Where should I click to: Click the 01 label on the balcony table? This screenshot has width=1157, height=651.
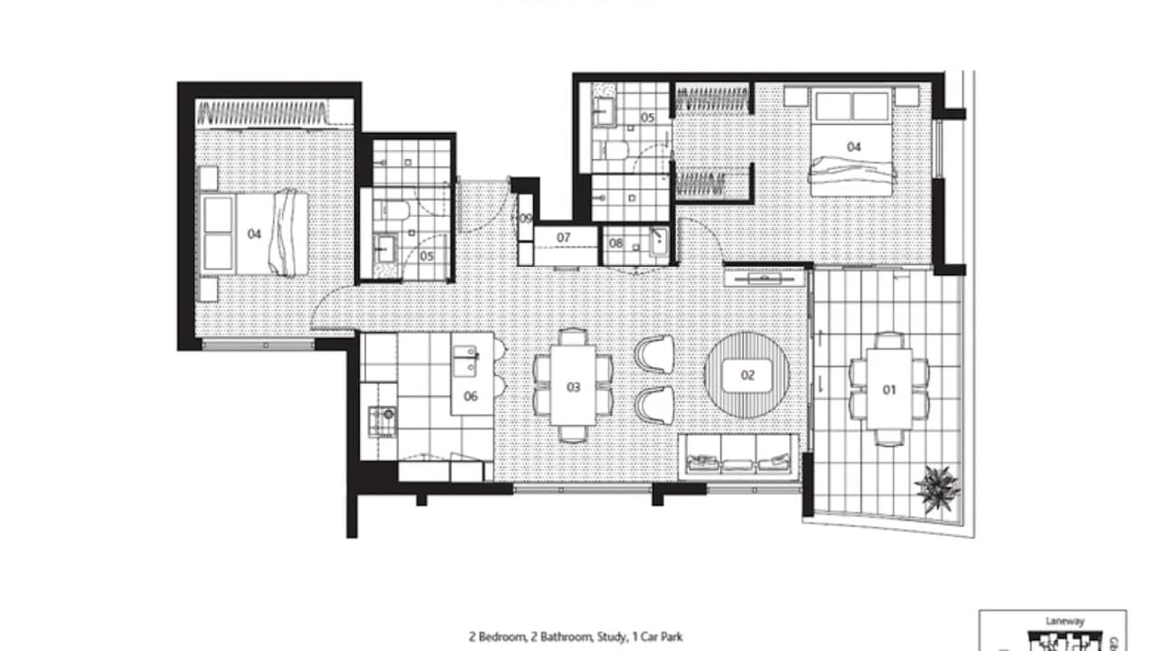[x=889, y=390]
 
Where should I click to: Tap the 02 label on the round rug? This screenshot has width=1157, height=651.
[x=748, y=374]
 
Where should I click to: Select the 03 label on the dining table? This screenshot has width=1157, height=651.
[x=573, y=387]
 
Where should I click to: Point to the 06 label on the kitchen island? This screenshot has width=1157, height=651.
[x=470, y=395]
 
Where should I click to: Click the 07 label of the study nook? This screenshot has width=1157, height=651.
[x=564, y=238]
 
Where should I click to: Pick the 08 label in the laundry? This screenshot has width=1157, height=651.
[x=616, y=243]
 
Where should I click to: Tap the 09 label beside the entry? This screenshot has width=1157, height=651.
[x=525, y=219]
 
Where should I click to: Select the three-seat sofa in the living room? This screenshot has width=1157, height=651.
[x=739, y=456]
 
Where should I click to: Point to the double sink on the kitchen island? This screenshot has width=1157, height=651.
[x=466, y=361]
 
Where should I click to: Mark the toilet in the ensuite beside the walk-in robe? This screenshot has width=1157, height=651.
[x=617, y=149]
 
